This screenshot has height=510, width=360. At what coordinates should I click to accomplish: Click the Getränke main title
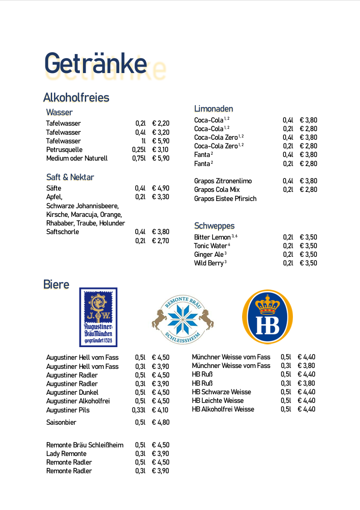96,64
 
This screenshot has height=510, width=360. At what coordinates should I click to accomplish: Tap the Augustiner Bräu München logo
98,317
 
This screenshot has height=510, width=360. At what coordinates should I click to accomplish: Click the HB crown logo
268,316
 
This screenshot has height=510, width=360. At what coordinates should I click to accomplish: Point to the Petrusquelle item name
64,150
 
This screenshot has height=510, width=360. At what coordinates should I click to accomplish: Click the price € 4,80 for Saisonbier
161,422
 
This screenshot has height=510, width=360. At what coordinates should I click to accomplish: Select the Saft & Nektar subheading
70,177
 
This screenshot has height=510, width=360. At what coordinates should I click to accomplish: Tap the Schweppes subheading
214,226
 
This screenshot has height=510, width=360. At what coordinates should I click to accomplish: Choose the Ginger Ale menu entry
209,255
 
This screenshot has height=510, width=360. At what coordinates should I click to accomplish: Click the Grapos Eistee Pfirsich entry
225,199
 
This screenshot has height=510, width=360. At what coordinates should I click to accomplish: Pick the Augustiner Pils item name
68,410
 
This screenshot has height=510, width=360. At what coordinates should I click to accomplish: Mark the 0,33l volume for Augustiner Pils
139,410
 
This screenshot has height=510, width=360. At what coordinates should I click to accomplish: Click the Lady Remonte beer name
66,454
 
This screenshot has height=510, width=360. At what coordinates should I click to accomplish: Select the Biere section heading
56,284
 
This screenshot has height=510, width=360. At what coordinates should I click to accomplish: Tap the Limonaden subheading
214,108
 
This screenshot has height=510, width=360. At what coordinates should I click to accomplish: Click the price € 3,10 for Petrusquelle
161,150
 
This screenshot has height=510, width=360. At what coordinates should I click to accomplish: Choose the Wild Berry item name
209,263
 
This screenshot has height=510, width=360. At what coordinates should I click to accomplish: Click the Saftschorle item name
63,232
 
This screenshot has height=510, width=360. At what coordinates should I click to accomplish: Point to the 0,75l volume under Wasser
139,158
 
